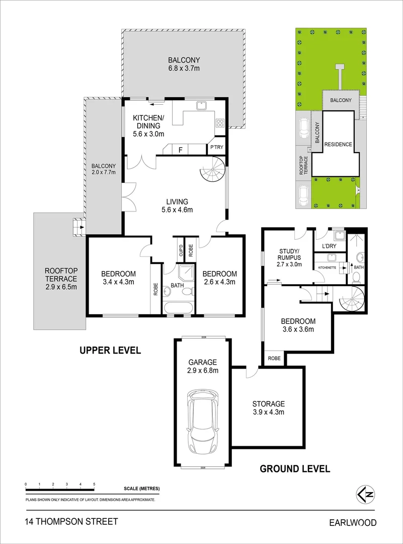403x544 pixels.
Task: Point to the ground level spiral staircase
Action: point(350,299)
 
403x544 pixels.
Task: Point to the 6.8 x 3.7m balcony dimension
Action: point(184,69)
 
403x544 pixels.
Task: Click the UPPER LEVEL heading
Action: point(110,350)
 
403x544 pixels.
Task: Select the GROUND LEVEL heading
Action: point(295,468)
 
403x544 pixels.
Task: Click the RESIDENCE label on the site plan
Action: point(338,145)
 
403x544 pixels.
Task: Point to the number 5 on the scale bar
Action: point(94,484)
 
